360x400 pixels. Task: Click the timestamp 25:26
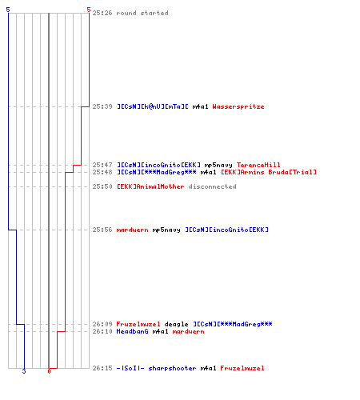click(x=102, y=13)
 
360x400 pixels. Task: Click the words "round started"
click(x=142, y=13)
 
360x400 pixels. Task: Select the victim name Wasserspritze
click(x=238, y=106)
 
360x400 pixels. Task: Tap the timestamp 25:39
click(x=102, y=106)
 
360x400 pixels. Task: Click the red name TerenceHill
click(x=258, y=165)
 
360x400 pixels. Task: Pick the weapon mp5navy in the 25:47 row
click(x=218, y=165)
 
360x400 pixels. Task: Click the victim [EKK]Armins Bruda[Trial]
click(x=269, y=172)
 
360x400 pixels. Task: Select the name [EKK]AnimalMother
click(x=150, y=186)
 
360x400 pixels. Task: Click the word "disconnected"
click(x=212, y=186)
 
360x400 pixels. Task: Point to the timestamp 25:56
click(x=102, y=230)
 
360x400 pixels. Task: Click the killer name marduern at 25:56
click(x=132, y=230)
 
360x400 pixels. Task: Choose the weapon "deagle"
click(x=176, y=324)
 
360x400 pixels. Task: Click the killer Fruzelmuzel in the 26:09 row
click(x=138, y=324)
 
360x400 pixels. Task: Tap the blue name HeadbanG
click(x=132, y=331)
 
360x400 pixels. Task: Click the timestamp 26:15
click(x=102, y=368)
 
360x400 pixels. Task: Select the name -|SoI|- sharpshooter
click(x=156, y=368)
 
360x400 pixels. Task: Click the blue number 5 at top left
click(x=8, y=10)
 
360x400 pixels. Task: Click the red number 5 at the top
click(x=89, y=10)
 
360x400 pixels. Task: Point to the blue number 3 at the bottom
click(x=24, y=371)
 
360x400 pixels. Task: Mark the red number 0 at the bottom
click(x=49, y=371)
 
